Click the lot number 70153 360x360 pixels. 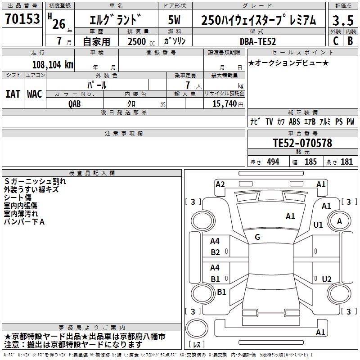[x=22, y=18]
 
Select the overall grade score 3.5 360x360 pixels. [x=343, y=20]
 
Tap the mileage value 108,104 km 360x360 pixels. [x=53, y=65]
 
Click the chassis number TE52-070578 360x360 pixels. [x=302, y=143]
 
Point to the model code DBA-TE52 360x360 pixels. [x=257, y=41]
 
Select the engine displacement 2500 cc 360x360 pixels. [x=141, y=41]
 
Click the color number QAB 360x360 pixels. [x=75, y=104]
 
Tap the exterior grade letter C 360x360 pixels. [x=336, y=41]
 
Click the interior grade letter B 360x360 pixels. [x=350, y=41]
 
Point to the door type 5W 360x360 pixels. [x=174, y=20]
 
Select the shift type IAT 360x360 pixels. [x=13, y=94]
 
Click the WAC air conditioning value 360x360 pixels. [x=35, y=94]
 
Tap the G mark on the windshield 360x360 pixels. [x=257, y=237]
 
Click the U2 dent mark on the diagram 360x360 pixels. [x=327, y=279]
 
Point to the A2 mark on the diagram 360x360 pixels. [x=220, y=184]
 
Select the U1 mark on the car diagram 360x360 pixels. [x=318, y=225]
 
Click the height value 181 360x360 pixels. [x=346, y=162]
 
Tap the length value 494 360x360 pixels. [x=273, y=162]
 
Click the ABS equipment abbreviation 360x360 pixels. [x=294, y=121]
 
